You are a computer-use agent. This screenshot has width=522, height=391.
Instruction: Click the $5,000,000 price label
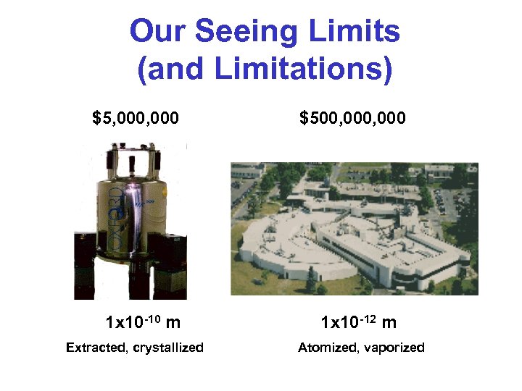(136, 117)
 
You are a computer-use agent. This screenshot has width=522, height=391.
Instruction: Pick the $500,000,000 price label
(353, 117)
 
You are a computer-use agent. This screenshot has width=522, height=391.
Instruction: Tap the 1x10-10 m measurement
(143, 321)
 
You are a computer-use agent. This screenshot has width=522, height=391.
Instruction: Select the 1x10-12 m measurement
(358, 321)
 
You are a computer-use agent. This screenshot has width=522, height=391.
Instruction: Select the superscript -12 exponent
(368, 316)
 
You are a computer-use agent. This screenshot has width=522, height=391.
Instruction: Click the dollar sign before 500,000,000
(304, 117)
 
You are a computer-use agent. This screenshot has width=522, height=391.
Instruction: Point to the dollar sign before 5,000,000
(96, 117)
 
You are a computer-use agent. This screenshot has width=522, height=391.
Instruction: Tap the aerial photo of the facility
(354, 229)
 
